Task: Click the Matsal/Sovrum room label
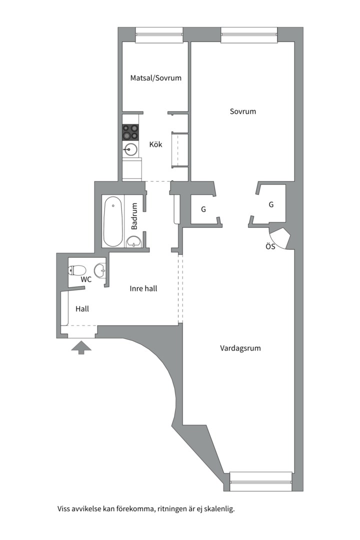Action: pyautogui.click(x=155, y=78)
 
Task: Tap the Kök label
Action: pyautogui.click(x=155, y=144)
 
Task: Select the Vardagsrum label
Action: pyautogui.click(x=240, y=348)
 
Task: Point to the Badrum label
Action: pyautogui.click(x=134, y=216)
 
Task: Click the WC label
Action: pyautogui.click(x=86, y=279)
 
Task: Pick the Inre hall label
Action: pyautogui.click(x=143, y=288)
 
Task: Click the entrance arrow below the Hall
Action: pyautogui.click(x=81, y=347)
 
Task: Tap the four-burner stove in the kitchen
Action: pyautogui.click(x=130, y=132)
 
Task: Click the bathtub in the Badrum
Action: pyautogui.click(x=113, y=221)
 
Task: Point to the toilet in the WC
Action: pyautogui.click(x=77, y=270)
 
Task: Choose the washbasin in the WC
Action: pyautogui.click(x=100, y=270)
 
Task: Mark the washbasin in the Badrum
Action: pyautogui.click(x=134, y=242)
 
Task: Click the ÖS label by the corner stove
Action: pyautogui.click(x=270, y=246)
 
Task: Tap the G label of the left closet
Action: pyautogui.click(x=203, y=209)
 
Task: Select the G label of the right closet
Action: pyautogui.click(x=271, y=204)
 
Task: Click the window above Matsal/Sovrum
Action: pyautogui.click(x=159, y=34)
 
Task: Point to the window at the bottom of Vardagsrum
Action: pyautogui.click(x=261, y=481)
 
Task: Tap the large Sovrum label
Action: pyautogui.click(x=243, y=111)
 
